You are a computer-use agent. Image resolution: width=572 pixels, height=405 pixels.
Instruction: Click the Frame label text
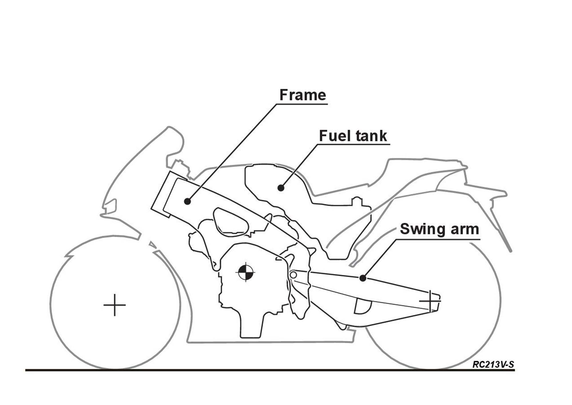303,95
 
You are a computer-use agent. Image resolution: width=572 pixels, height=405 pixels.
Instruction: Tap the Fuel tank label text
353,136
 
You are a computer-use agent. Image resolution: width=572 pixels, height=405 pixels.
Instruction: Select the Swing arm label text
439,229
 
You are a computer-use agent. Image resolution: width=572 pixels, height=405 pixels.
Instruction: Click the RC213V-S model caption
493,365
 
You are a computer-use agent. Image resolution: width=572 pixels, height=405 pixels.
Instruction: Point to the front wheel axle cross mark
114,305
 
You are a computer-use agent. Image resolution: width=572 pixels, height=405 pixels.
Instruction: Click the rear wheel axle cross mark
430,301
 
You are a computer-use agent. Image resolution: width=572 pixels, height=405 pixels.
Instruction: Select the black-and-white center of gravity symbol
246,272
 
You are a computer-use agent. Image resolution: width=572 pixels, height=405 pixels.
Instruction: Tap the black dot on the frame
187,201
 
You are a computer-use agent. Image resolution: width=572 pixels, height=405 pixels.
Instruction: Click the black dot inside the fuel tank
281,188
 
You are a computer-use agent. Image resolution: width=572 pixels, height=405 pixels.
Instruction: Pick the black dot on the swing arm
363,278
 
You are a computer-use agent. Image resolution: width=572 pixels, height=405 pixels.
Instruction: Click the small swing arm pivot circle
293,275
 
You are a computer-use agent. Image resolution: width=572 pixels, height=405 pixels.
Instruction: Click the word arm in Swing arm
464,229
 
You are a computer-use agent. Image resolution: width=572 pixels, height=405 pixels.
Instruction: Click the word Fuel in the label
333,136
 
